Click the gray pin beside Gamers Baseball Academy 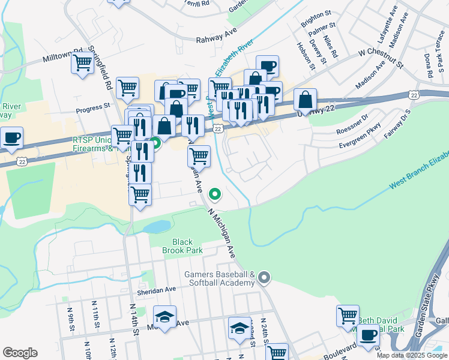(264, 278)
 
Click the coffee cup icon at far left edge (12, 137)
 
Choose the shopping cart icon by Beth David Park (348, 316)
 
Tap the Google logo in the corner (20, 352)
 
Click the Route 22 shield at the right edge (414, 95)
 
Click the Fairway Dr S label (397, 124)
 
